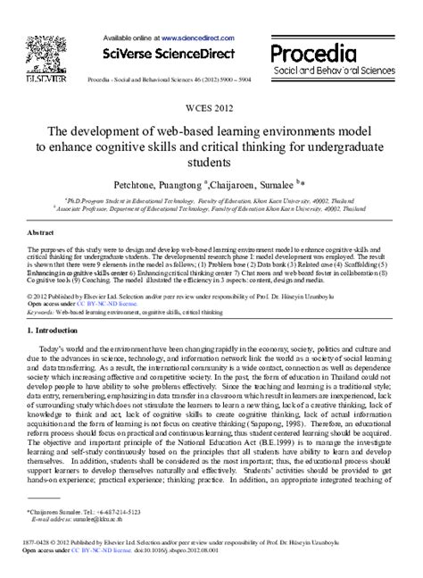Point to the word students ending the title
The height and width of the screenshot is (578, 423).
pyautogui.click(x=211, y=163)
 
